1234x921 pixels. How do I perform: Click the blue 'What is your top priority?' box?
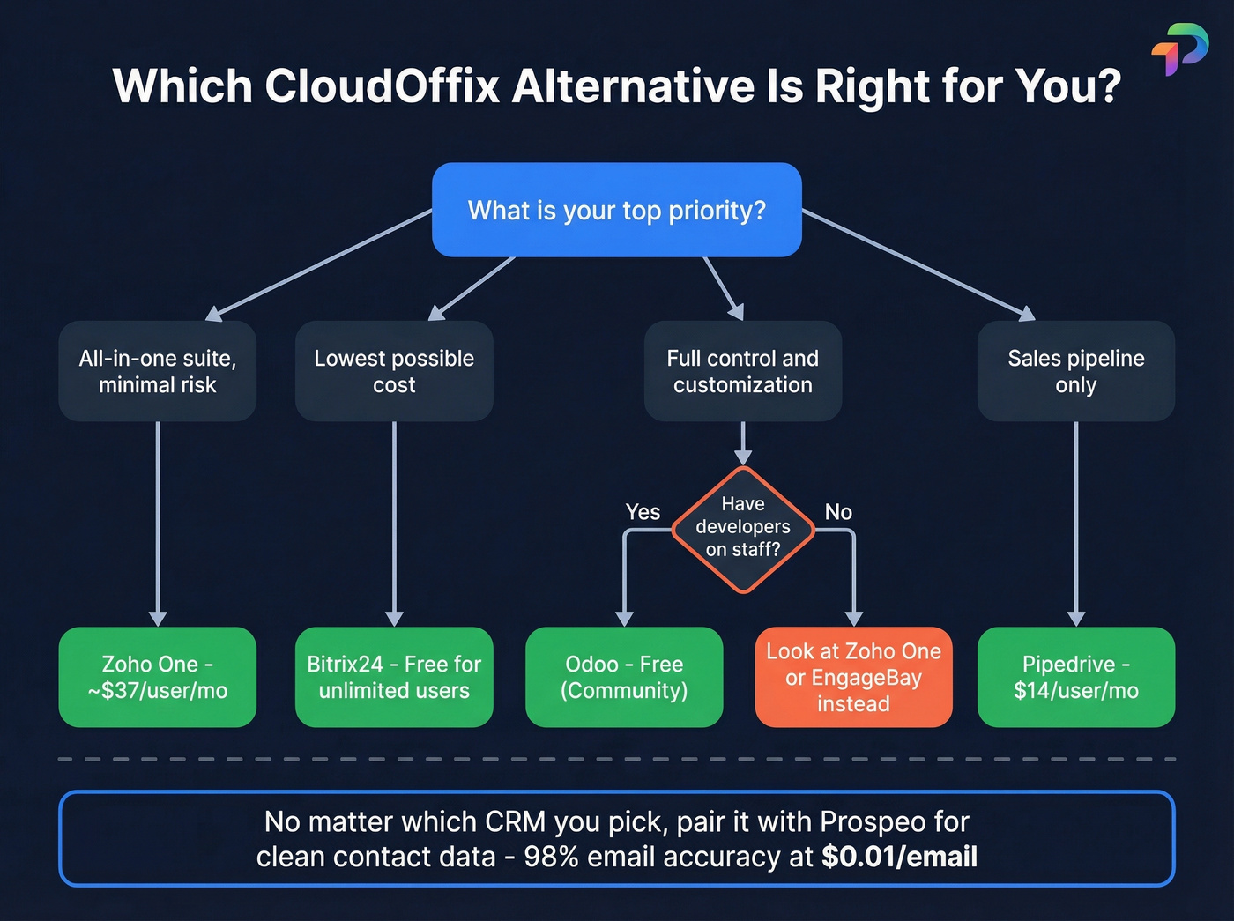616,210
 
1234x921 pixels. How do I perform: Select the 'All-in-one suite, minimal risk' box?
157,371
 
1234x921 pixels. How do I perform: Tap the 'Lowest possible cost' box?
394,371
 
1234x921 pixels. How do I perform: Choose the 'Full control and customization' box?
742,371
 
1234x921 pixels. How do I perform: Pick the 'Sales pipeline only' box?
1075,371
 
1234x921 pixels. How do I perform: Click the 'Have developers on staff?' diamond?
743,527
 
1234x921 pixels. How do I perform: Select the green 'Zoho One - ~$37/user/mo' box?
157,677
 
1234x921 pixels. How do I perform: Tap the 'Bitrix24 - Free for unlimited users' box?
394,677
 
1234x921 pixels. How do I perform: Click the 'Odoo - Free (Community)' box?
624,677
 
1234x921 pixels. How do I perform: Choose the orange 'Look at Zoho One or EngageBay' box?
853,677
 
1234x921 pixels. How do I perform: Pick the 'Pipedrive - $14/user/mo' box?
1075,677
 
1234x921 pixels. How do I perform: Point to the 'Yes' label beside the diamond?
643,512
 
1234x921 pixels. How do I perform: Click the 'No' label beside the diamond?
838,512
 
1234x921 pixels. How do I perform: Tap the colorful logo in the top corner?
1179,49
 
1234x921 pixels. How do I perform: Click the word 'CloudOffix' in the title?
382,86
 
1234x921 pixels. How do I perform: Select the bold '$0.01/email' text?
899,857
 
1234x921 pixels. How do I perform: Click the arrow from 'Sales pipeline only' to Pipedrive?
1075,524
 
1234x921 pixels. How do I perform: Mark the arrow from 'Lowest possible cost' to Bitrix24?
394,524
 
